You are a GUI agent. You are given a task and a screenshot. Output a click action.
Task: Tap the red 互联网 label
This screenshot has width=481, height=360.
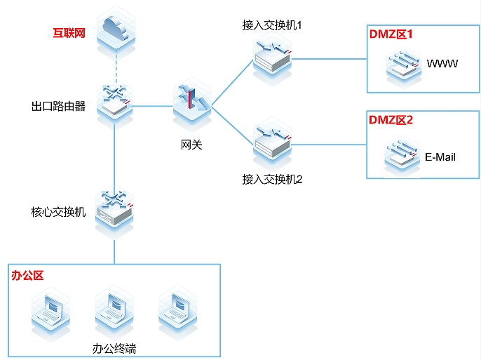click(x=69, y=33)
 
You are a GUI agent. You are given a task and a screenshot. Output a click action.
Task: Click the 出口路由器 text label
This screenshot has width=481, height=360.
click(x=58, y=106)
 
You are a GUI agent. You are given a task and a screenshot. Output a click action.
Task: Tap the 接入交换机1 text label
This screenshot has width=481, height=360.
click(x=271, y=25)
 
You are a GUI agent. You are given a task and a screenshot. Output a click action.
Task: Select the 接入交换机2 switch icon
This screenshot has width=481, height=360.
click(x=271, y=144)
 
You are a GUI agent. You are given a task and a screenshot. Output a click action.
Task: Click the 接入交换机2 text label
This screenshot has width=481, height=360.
click(x=271, y=179)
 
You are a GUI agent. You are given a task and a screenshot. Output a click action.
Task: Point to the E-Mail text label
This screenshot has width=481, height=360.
click(x=440, y=156)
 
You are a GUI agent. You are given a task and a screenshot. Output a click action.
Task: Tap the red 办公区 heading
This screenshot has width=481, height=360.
click(x=27, y=275)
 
